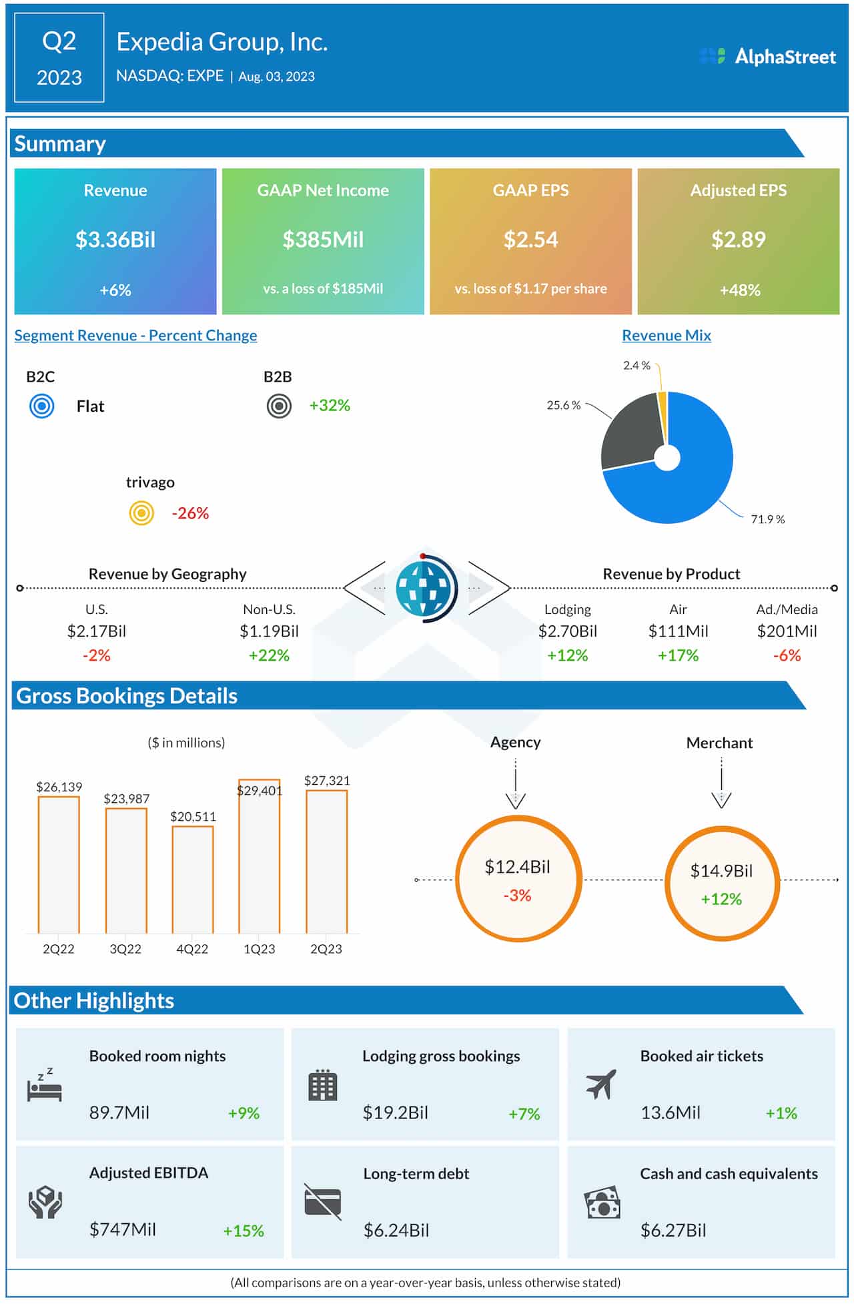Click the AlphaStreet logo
[x=767, y=57]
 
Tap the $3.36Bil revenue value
[x=115, y=240]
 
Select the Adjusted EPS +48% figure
[x=739, y=290]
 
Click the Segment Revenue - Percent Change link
[x=135, y=336]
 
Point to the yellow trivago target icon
[x=141, y=513]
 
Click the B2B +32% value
[x=330, y=406]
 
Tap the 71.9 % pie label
[x=767, y=519]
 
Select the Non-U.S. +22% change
[x=269, y=655]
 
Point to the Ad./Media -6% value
[x=787, y=655]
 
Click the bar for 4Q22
[x=193, y=880]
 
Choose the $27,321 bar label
[x=327, y=781]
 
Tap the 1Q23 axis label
[x=259, y=949]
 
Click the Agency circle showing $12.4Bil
[x=518, y=879]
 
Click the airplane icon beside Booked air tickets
[x=601, y=1084]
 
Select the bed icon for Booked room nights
[x=44, y=1086]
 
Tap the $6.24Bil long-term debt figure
[x=396, y=1230]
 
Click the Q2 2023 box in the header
[x=59, y=58]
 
